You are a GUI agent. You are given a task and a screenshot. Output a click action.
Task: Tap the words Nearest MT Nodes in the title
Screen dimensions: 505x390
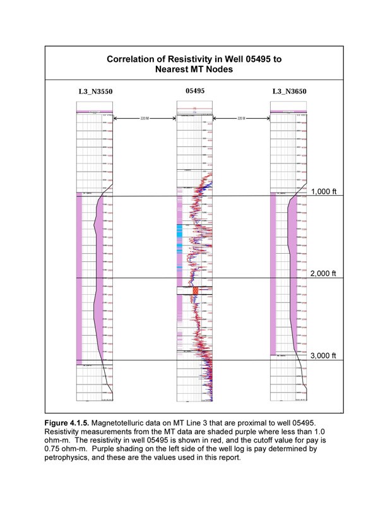pyautogui.click(x=194, y=69)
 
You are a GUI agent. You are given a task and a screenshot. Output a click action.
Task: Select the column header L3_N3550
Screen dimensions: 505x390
pyautogui.click(x=95, y=92)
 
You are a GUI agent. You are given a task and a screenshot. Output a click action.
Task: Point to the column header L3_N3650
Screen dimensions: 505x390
pyautogui.click(x=290, y=92)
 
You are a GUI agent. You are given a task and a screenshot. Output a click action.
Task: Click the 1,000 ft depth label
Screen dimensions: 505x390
pyautogui.click(x=325, y=192)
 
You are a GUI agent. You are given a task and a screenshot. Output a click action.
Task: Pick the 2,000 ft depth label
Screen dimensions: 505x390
pyautogui.click(x=325, y=273)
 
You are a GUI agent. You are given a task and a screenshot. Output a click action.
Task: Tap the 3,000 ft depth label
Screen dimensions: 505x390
pyautogui.click(x=325, y=355)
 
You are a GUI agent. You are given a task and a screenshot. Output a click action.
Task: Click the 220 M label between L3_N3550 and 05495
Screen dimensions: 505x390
pyautogui.click(x=145, y=118)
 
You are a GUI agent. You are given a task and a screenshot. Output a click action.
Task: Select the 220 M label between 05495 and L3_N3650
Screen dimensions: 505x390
pyautogui.click(x=240, y=118)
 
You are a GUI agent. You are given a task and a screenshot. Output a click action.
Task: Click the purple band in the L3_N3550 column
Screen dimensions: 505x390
pyautogui.click(x=80, y=278)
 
